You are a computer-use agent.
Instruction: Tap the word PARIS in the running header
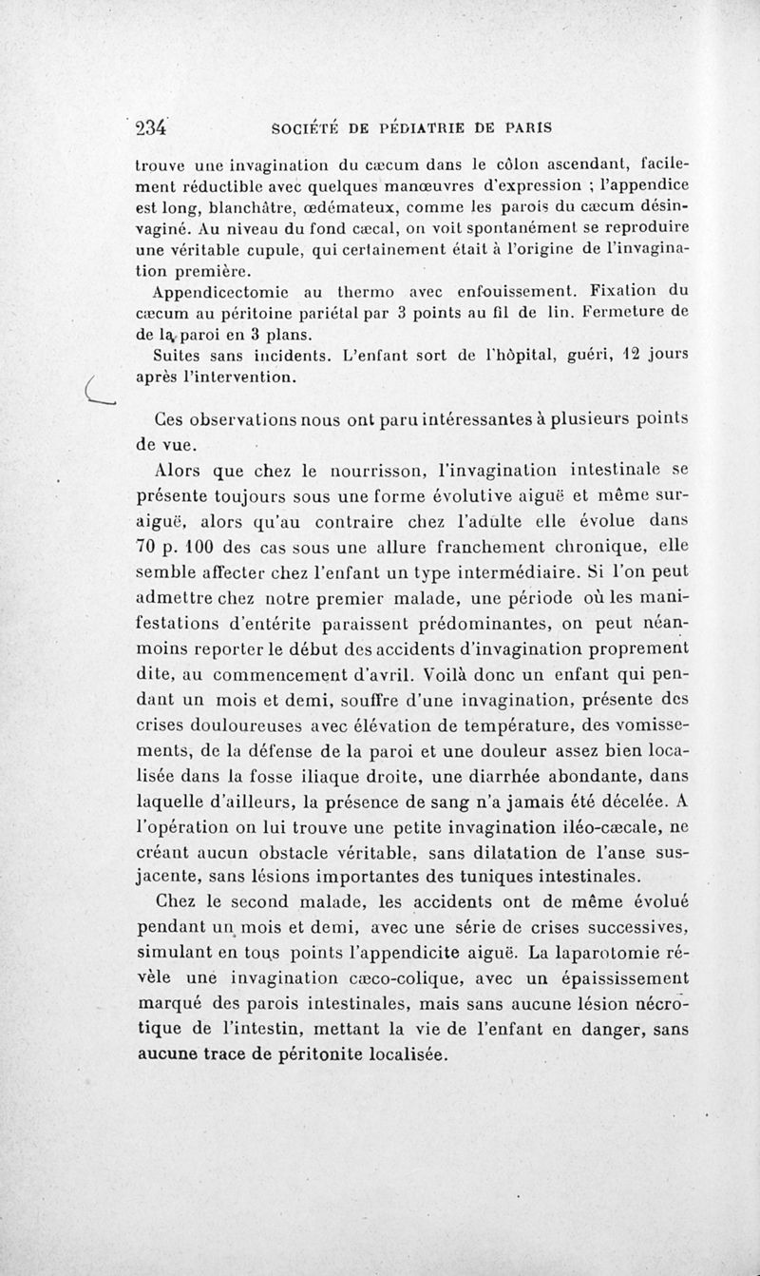pos(522,126)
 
